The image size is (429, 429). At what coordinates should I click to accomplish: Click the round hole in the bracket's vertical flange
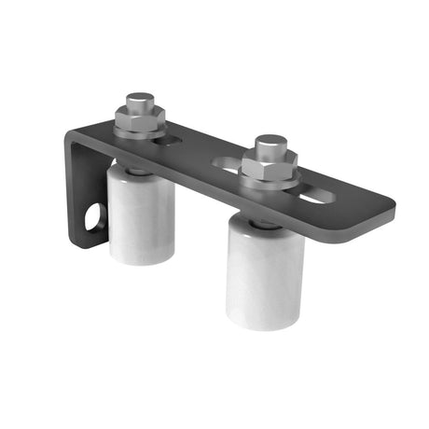click(x=94, y=220)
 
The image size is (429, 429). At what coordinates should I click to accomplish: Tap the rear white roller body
click(x=141, y=219)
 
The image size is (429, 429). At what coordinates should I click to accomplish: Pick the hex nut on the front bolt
click(x=269, y=166)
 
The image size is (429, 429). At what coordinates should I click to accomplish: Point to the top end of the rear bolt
click(x=141, y=98)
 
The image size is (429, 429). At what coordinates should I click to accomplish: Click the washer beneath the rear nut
click(x=140, y=131)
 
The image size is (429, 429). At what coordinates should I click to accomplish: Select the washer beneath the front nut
click(x=270, y=181)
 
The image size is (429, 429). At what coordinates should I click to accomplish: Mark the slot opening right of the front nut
click(x=312, y=194)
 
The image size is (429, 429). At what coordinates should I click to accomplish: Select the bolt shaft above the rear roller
click(x=137, y=171)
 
